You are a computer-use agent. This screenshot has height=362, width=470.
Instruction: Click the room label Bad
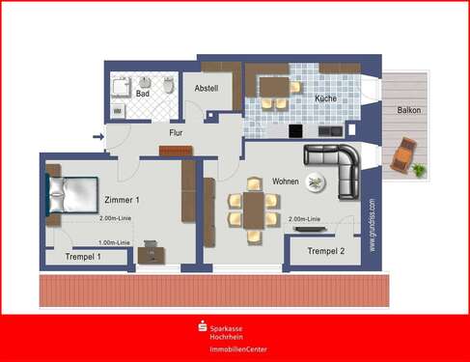point(143,94)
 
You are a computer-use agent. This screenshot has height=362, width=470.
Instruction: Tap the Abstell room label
point(207,88)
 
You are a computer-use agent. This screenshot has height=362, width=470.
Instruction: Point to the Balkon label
point(408,110)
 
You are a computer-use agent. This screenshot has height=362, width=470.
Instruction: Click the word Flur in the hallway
point(176,132)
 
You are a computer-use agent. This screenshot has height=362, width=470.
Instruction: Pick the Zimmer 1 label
point(122,200)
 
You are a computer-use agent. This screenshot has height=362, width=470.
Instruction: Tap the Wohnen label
point(286,181)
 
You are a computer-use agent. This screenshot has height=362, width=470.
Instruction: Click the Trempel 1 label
point(84,257)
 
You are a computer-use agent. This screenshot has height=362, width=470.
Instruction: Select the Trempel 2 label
point(325,251)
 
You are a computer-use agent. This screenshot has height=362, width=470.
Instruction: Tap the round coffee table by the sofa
point(317,181)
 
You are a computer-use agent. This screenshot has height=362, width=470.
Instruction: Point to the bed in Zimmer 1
point(69,194)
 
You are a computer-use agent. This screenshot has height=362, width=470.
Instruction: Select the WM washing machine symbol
point(119,112)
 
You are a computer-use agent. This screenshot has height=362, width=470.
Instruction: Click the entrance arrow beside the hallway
point(97,137)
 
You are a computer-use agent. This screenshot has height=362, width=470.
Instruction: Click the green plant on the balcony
point(419,170)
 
